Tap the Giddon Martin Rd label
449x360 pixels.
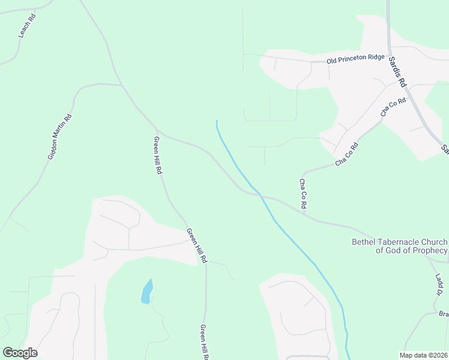pos(60,137)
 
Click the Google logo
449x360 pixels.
pos(20,353)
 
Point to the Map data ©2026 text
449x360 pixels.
pos(423,355)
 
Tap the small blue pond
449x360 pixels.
pos(146,292)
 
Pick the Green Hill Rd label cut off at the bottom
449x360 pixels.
pos(204,342)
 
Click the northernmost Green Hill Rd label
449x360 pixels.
pos(158,155)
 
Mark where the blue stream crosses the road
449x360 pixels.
pos(261,195)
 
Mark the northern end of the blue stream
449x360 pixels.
pos(217,121)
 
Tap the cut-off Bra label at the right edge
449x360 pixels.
pos(443,314)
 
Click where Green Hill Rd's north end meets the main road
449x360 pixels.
pos(157,131)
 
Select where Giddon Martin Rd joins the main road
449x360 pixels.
pos(122,85)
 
